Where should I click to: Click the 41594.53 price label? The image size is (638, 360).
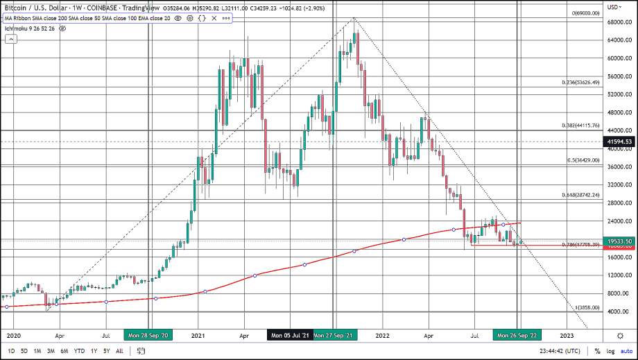[x=620, y=142]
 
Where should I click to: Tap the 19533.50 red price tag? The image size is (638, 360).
[x=620, y=241]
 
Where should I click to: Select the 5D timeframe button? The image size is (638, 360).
[x=24, y=351]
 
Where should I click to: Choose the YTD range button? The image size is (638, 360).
[x=80, y=351]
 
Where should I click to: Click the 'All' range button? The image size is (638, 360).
[x=119, y=351]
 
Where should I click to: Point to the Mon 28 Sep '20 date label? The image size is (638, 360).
[x=150, y=335]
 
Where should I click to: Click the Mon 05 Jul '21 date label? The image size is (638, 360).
[x=288, y=335]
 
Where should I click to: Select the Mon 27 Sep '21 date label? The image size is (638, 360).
[x=334, y=335]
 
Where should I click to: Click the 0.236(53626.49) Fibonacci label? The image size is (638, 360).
[x=580, y=82]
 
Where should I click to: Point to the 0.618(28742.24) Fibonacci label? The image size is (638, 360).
[x=580, y=196]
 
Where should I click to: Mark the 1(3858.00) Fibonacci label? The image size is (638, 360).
[x=587, y=307]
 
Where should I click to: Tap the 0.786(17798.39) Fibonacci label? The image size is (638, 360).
[x=580, y=245]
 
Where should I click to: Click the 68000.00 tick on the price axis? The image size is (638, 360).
[x=617, y=22]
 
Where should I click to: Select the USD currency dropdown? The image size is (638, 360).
[x=614, y=7]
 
